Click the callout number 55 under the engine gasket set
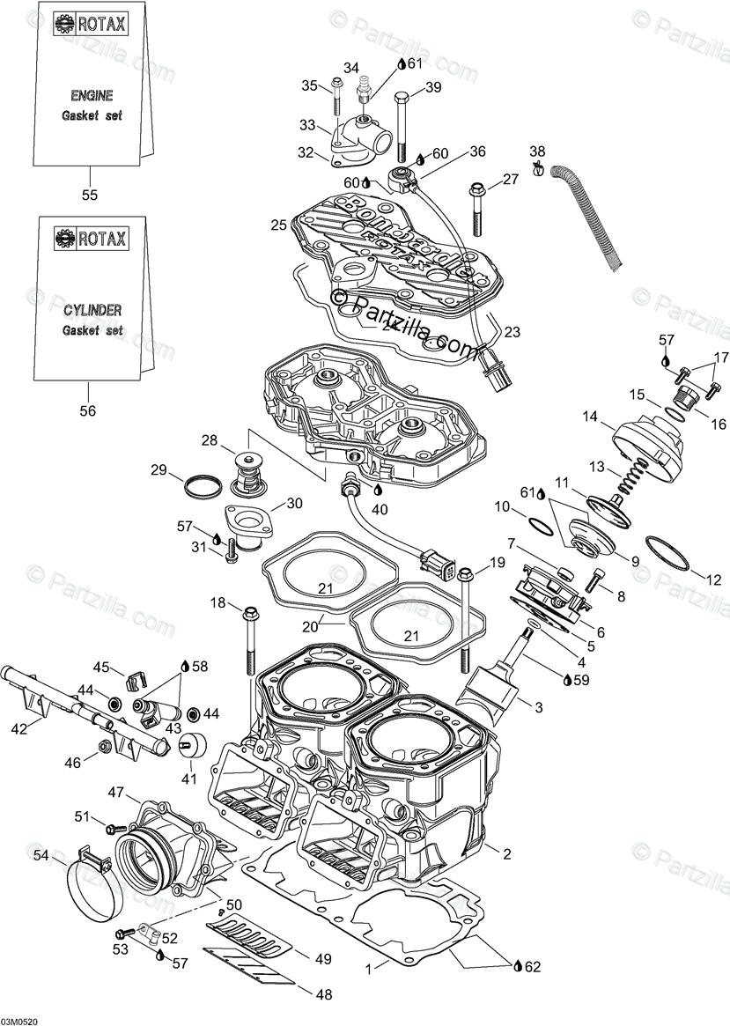88,195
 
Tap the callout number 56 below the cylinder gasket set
88,410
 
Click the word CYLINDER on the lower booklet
92,310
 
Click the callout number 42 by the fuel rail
18,728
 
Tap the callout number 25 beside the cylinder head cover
279,225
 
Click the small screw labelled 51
109,828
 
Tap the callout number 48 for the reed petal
324,994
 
